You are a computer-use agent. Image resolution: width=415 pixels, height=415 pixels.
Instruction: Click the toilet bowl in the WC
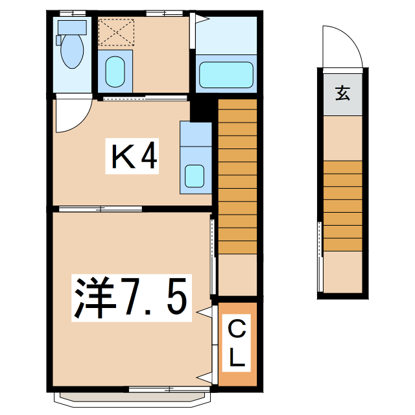coord(71,52)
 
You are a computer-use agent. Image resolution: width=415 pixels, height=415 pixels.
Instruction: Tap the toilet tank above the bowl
coord(71,27)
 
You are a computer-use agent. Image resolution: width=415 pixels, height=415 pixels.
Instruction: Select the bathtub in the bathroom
coord(226,75)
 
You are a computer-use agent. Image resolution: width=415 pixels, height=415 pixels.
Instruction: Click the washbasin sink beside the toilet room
coord(115,71)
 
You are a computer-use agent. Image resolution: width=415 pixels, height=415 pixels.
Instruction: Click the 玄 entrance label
coord(342,93)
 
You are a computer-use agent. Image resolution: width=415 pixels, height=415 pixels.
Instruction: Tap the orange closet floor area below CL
coord(238,376)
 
